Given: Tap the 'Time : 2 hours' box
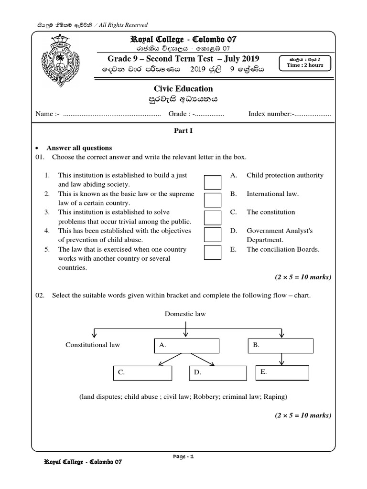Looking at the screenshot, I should (x=305, y=63).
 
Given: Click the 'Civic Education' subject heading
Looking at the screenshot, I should (x=183, y=89).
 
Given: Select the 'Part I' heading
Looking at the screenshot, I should (x=183, y=130).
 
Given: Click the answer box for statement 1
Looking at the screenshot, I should (x=213, y=182).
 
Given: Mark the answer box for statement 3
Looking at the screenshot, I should (x=213, y=217).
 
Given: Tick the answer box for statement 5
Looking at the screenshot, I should (x=213, y=252).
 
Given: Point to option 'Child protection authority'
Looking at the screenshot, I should (x=285, y=175).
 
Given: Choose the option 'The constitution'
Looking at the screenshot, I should (x=270, y=212).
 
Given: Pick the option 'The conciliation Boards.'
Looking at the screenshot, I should (x=283, y=249).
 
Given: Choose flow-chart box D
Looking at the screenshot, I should (x=213, y=373).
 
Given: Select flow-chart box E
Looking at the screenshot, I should (x=281, y=372).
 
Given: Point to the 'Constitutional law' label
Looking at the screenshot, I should (x=93, y=345).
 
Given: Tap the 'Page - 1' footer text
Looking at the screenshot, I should (x=183, y=457).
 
